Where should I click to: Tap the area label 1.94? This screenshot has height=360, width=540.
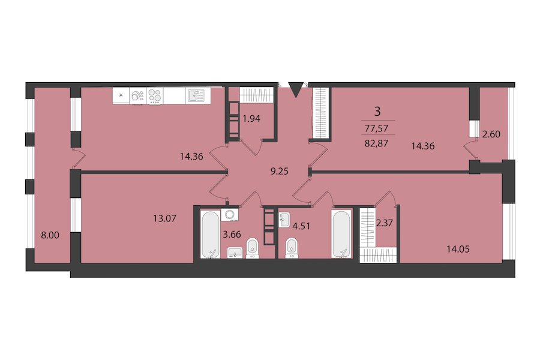[x=251, y=119]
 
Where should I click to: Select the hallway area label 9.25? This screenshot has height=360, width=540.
[x=279, y=171]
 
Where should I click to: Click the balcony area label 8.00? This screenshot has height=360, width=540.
[x=50, y=235]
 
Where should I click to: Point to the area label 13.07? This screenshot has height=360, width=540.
[x=164, y=218]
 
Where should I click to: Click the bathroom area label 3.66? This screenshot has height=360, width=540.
[x=232, y=235]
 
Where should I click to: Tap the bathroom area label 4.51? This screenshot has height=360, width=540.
[x=301, y=226]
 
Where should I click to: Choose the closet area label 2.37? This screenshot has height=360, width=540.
[x=385, y=223]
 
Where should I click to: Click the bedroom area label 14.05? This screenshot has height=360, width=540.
[x=458, y=249]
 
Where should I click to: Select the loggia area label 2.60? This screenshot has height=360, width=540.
[x=491, y=134]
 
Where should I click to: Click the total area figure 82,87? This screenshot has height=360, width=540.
[x=376, y=143]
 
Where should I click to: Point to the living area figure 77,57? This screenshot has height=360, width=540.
[x=376, y=128]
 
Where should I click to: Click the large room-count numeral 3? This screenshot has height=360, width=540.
[x=377, y=112]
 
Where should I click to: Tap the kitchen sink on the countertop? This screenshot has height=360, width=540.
[x=195, y=95]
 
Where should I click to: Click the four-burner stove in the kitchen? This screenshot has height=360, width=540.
[x=155, y=95]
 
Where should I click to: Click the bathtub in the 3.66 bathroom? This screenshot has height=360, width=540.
[x=210, y=235]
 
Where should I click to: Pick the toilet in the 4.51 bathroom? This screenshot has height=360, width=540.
[x=292, y=248]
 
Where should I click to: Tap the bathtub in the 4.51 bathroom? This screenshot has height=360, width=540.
[x=341, y=234]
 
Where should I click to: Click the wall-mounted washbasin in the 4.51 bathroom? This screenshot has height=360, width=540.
[x=284, y=220]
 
